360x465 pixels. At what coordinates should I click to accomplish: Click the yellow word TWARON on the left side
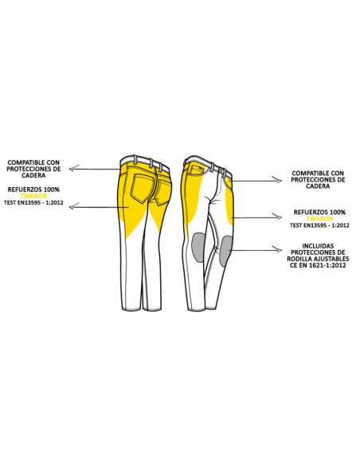tap(33, 196)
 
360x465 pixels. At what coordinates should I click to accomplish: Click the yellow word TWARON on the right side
tap(319, 219)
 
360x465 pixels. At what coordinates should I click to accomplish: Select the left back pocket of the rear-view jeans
tap(142, 189)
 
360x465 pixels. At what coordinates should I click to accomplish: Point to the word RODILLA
tap(299, 259)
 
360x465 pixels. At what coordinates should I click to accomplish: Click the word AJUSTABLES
tap(331, 259)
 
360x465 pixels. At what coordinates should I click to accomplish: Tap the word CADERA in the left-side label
tap(33, 175)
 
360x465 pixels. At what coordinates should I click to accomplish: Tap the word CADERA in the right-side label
tap(318, 186)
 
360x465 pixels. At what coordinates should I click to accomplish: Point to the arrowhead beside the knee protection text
tap(277, 250)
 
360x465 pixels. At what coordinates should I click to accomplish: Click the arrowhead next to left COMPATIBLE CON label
tap(74, 169)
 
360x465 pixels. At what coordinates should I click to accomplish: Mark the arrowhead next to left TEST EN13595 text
tap(74, 206)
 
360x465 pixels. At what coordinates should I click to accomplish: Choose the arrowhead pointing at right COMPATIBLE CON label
tap(277, 180)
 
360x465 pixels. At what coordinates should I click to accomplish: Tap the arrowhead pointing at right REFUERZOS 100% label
tap(277, 217)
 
